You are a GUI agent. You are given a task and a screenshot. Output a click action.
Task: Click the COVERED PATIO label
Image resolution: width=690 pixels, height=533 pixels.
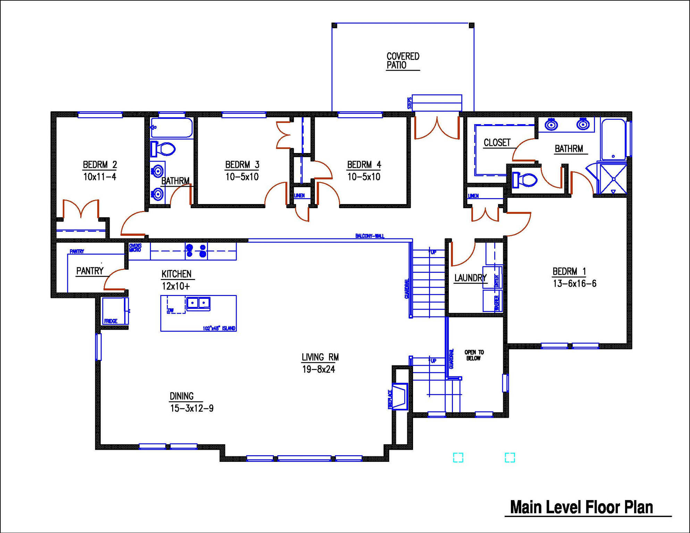pos(403,61)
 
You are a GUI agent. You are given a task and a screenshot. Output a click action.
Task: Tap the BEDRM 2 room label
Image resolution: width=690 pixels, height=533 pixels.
pos(100,164)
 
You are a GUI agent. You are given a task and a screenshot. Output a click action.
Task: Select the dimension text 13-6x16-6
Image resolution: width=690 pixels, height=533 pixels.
pos(574,284)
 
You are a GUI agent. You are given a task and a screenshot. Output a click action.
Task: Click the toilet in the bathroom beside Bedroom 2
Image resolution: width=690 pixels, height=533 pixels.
pos(163,149)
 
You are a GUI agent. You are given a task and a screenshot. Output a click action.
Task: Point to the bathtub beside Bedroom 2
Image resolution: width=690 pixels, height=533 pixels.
pos(172,128)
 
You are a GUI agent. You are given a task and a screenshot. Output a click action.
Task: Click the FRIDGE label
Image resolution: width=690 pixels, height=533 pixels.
pos(111,321)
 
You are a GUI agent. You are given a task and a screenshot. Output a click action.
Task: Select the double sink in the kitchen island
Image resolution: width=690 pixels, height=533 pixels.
pos(198,303)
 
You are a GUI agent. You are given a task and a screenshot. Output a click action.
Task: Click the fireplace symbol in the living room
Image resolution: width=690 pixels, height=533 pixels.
pos(399,396)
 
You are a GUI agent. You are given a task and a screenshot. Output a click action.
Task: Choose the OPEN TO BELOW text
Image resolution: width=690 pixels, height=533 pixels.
pos(474,355)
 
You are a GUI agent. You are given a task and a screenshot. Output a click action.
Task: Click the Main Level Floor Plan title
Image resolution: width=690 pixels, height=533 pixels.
pos(581,507)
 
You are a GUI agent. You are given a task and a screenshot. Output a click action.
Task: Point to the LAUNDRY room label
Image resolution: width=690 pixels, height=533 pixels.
pos(470,278)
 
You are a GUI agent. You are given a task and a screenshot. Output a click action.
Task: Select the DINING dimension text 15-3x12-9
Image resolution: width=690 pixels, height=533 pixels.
pos(192,408)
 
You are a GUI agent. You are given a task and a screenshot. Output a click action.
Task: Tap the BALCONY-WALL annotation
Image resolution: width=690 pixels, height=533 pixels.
pos(370,236)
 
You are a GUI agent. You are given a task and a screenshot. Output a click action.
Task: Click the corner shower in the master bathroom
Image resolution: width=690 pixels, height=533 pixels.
pos(613,179)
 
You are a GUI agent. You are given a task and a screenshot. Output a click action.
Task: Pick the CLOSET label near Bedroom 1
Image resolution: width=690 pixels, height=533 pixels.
pos(497,143)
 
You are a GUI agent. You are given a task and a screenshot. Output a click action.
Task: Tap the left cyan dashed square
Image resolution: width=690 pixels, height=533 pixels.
pos(458,457)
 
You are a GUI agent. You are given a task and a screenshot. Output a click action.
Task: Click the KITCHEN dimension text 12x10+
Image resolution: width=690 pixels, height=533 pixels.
pos(176,286)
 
